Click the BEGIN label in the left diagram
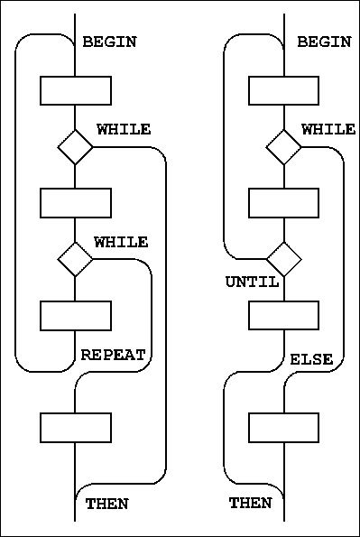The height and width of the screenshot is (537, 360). click(x=109, y=42)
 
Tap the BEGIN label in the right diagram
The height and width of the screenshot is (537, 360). click(x=324, y=42)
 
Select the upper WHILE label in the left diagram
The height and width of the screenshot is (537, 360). click(x=124, y=130)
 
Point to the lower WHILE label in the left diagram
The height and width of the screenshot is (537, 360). click(x=121, y=242)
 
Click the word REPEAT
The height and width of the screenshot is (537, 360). click(x=114, y=356)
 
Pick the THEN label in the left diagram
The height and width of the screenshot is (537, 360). click(x=106, y=504)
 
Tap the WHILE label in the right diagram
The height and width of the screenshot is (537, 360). click(x=328, y=130)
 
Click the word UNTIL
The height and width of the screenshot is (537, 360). click(x=252, y=282)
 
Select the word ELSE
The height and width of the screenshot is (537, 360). click(x=311, y=360)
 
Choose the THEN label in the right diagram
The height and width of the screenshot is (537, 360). click(x=251, y=504)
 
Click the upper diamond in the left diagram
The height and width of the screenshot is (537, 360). click(x=75, y=147)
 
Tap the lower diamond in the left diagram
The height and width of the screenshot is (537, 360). click(x=75, y=259)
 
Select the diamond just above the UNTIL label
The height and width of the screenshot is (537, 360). click(x=283, y=259)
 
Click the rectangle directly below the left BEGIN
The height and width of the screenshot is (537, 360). click(x=75, y=91)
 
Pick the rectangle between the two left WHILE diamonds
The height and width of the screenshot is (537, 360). click(x=75, y=203)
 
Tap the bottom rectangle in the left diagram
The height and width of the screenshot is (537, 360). click(x=75, y=427)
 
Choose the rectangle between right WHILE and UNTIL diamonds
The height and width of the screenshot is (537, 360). click(x=283, y=203)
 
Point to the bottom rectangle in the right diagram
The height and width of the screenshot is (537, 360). click(x=283, y=427)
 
